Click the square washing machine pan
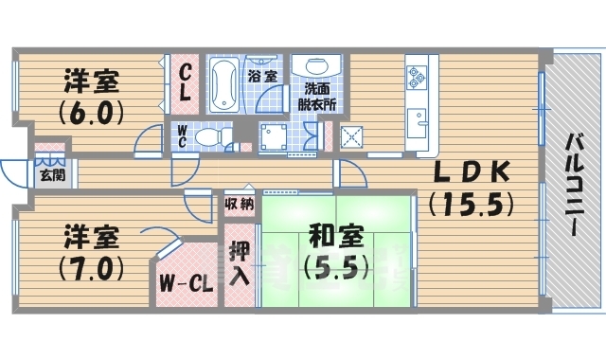276,136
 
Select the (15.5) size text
471,204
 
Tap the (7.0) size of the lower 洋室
93,267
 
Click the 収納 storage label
239,205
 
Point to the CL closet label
187,82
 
